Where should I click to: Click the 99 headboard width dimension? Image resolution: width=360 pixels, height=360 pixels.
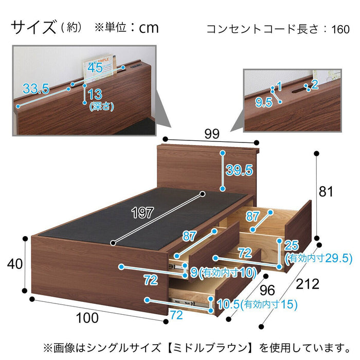coord(212,134)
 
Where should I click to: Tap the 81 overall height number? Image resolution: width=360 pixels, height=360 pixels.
coord(326,191)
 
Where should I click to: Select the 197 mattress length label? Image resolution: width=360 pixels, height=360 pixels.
coord(142,212)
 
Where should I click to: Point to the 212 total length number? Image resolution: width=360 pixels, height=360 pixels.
coord(308,284)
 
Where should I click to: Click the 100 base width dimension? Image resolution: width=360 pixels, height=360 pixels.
coord(87,318)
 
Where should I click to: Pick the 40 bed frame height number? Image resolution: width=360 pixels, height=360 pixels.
coord(15,263)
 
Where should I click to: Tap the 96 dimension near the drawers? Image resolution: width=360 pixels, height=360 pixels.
coord(267,290)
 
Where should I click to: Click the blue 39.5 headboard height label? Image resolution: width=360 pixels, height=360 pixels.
coord(239,170)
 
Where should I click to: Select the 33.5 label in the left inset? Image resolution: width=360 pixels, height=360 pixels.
coord(36,88)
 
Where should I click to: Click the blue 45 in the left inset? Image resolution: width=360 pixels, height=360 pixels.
coord(95,67)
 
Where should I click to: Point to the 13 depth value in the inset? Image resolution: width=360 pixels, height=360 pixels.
coord(95,94)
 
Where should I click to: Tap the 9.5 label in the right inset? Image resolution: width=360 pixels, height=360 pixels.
coord(264,102)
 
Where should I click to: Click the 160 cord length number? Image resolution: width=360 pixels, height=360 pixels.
coord(340,29)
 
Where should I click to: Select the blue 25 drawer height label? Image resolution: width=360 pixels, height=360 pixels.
coord(292,245)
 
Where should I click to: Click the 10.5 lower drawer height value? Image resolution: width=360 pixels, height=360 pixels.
coord(228,304)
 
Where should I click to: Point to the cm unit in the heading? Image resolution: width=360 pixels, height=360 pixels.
coord(149,28)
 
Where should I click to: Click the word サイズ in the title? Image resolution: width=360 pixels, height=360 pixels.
coord(33,27)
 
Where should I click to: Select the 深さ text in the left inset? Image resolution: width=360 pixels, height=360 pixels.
coord(101,106)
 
